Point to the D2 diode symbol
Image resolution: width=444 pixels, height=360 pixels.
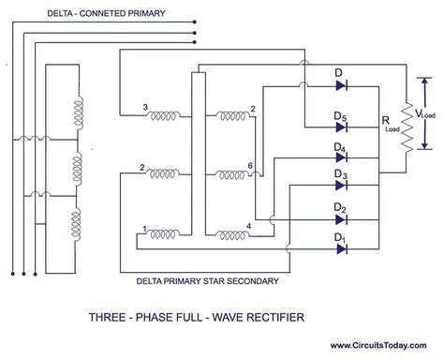pos(342,218)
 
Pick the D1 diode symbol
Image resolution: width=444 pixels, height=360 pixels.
pos(342,247)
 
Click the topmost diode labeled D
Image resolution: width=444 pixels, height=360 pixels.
pos(342,85)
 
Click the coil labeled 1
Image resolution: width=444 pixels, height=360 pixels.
pos(165,234)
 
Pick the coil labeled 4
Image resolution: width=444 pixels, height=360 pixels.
pos(230,234)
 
